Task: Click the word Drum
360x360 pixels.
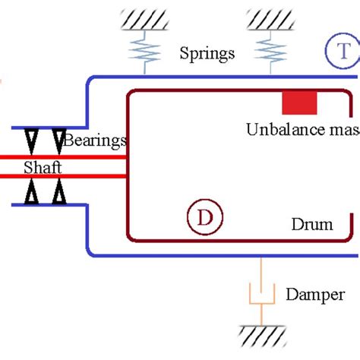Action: (x=312, y=225)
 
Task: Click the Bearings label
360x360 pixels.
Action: (x=95, y=140)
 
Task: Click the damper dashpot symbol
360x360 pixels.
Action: (x=261, y=295)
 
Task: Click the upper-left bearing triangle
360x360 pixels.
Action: (x=32, y=140)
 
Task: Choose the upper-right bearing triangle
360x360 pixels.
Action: (x=58, y=140)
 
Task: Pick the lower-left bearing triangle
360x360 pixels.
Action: (x=32, y=194)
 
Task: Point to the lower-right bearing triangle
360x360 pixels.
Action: (x=58, y=194)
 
